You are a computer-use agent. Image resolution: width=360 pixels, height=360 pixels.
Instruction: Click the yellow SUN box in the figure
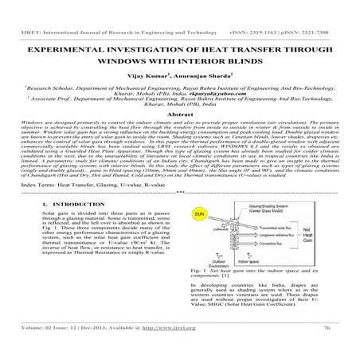(201, 237)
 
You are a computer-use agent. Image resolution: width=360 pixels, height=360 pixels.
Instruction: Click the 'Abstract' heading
(180, 138)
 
